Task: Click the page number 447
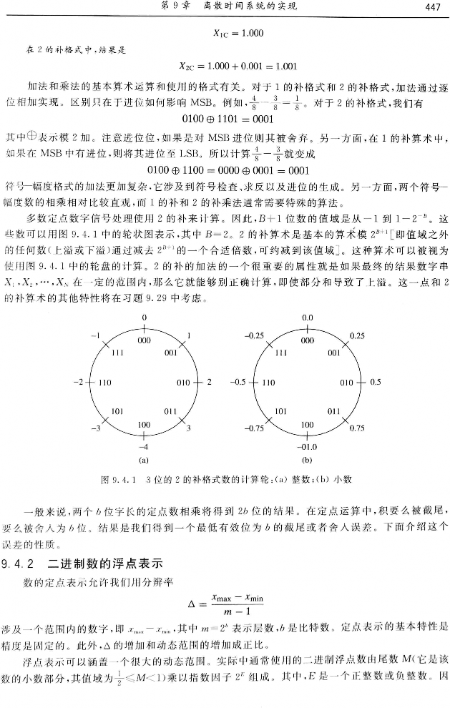(x=430, y=7)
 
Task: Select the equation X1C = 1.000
(x=239, y=33)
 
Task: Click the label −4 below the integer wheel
(x=144, y=445)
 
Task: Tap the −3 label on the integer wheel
(x=94, y=428)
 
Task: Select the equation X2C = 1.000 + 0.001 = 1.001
(x=238, y=68)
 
